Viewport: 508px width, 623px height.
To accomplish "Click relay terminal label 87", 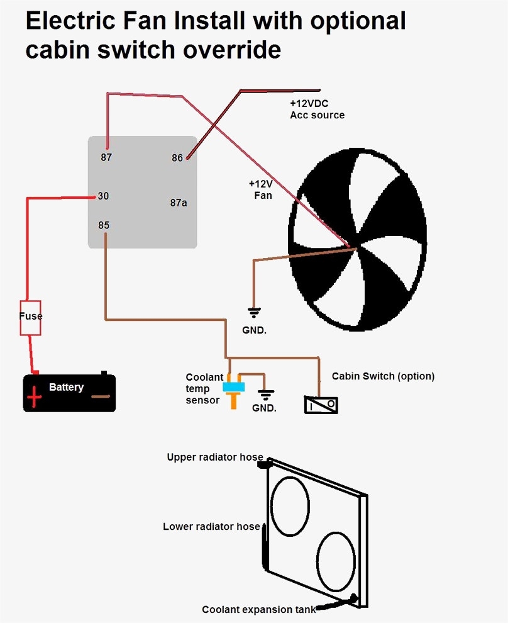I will pos(106,157).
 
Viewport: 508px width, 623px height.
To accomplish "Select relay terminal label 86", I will pos(177,157).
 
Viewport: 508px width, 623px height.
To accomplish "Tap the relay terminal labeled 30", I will pos(103,196).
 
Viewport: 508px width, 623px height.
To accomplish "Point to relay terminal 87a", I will pos(179,203).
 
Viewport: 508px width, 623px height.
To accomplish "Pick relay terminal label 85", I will pos(104,225).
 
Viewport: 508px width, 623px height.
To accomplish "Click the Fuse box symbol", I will pos(30,317).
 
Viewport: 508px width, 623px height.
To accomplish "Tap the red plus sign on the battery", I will pos(34,396).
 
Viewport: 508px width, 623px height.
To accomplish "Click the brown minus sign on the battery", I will pos(100,396).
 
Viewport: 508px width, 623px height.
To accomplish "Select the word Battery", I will pos(66,387).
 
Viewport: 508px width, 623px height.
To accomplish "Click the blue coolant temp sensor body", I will pos(234,386).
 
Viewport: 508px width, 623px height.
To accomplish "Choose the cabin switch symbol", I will pos(321,405).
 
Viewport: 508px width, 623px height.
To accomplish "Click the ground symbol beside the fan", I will pos(254,311).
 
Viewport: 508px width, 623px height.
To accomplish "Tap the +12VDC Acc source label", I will pos(317,109).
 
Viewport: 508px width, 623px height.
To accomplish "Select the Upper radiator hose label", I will pos(214,457).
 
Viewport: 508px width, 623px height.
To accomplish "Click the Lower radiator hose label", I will pos(211,526).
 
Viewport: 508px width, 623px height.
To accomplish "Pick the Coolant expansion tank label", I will pos(258,609).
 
